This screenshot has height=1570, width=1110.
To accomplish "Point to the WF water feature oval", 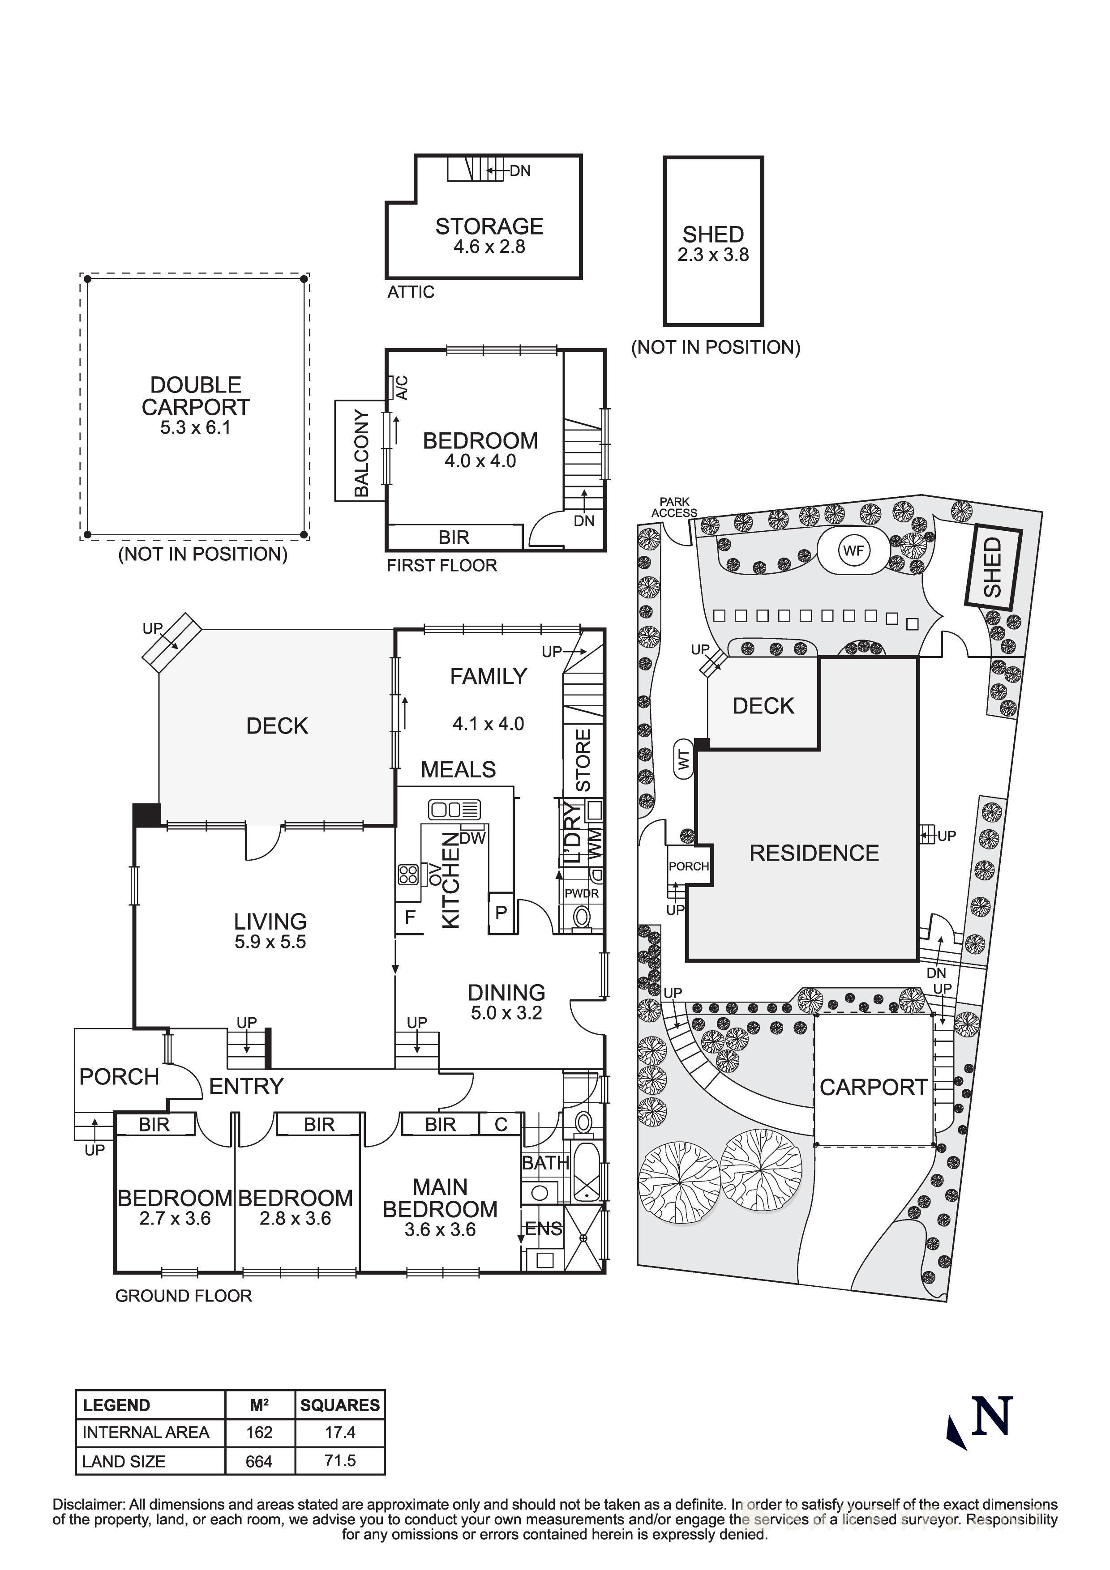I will coord(853,550).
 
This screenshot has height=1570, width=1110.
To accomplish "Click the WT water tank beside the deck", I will coord(684,759).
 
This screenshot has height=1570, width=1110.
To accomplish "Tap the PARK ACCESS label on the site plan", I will coord(674,508).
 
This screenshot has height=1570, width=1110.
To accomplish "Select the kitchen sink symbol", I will coord(454,810).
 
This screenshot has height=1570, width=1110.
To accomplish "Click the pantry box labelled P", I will coord(501,912).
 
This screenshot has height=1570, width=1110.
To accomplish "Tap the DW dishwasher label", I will coord(472,838).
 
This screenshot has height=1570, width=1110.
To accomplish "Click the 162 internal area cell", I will coord(259,1432).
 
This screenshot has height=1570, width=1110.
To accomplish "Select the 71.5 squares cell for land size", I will coord(340,1461).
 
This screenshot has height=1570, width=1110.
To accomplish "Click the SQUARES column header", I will coord(340,1405).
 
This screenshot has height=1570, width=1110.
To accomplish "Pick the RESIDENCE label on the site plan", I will coord(814,853).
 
